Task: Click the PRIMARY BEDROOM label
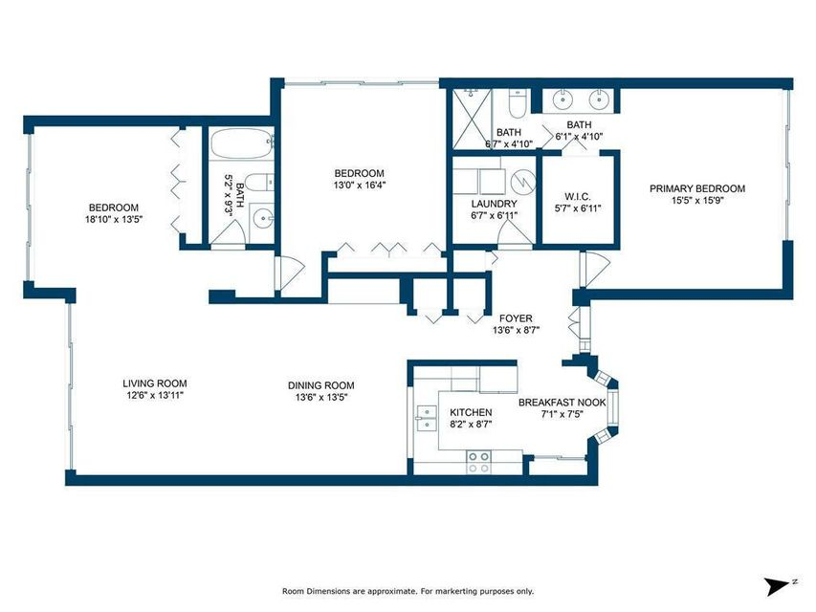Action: tap(696, 188)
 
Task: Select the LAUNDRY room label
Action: tap(494, 204)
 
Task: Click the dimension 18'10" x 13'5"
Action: tap(114, 219)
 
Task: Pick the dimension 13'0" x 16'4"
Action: tap(359, 186)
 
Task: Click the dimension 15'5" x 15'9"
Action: tap(696, 202)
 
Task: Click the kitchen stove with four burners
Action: tap(477, 463)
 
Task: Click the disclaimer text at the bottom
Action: tap(407, 591)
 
